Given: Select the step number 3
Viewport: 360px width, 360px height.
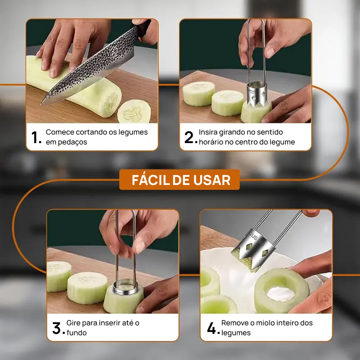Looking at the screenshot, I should [56, 328].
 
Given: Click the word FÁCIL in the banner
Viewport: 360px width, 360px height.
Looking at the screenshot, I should [151, 180].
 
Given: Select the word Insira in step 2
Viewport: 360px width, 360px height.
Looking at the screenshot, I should [210, 132].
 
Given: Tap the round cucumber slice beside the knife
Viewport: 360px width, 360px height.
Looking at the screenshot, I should [134, 112].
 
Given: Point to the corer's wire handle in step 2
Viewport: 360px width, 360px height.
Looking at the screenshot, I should [255, 49].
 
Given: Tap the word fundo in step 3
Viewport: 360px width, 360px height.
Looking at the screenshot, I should [77, 333].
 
